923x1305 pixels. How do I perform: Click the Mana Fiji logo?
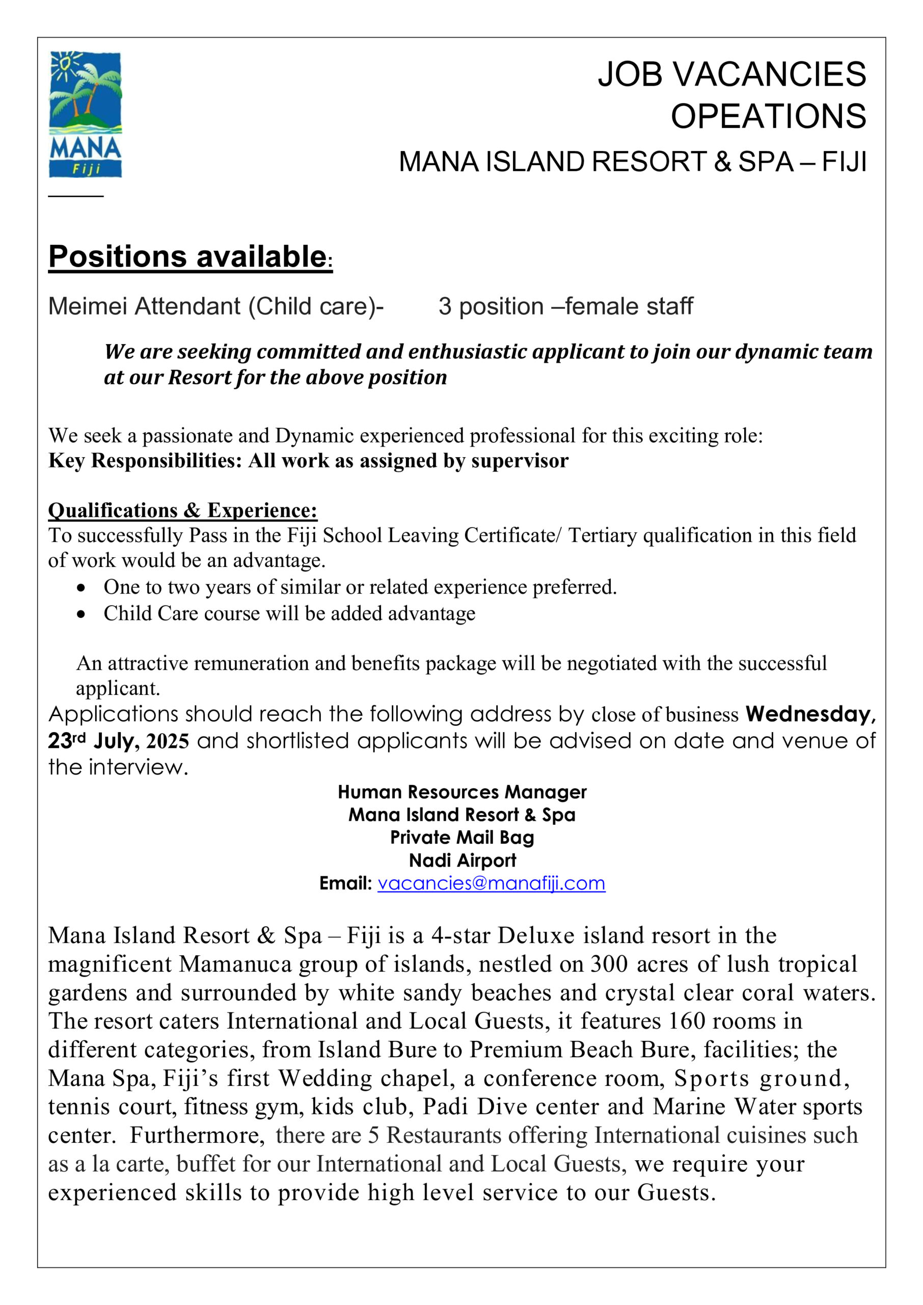pos(85,114)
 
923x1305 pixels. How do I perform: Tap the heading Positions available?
pos(187,256)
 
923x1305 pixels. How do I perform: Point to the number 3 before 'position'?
pos(445,306)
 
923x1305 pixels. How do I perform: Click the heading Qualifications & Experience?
pos(182,510)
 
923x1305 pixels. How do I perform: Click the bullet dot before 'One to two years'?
pos(82,587)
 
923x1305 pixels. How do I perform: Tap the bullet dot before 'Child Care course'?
pos(82,614)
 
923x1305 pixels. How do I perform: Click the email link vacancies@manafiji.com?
pos(491,883)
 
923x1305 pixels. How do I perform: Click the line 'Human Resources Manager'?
pos(461,792)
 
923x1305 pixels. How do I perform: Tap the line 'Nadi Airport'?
pos(461,860)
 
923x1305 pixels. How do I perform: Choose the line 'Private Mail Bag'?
pos(461,838)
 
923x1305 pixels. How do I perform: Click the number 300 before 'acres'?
pos(609,964)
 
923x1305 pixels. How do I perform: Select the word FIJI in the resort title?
pos(844,162)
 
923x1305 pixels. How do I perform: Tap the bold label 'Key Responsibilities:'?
pos(146,461)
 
